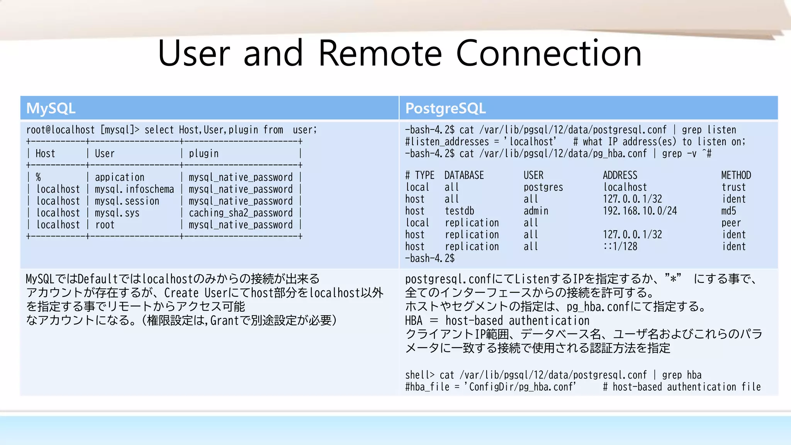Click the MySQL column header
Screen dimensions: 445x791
51,108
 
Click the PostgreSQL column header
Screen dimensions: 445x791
445,108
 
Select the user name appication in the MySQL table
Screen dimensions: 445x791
119,177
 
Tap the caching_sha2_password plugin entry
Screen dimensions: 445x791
240,213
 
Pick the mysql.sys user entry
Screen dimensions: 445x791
117,213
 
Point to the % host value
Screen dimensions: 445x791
38,177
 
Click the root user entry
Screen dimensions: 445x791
105,225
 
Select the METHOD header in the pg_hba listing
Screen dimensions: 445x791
736,175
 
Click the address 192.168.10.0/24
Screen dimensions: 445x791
640,211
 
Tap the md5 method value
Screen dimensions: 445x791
728,211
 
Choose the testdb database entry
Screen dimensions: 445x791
459,211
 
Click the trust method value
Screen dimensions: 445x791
733,187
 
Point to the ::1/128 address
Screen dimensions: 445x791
620,246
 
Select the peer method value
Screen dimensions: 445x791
731,223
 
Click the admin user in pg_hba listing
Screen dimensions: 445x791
536,211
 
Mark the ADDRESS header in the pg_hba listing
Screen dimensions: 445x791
620,175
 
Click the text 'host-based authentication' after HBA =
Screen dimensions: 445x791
517,321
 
